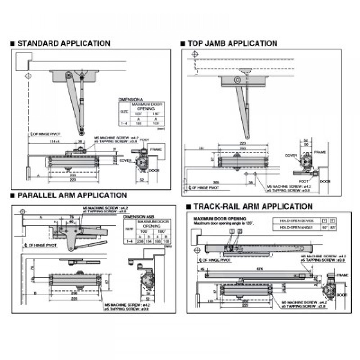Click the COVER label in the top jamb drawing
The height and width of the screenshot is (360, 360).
(291, 155)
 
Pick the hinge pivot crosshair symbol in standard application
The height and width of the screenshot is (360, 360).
(28, 76)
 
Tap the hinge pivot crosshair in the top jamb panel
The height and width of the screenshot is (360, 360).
(195, 54)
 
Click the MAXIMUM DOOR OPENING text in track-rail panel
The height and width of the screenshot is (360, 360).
(220, 219)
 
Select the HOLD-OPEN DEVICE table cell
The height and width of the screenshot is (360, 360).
(292, 220)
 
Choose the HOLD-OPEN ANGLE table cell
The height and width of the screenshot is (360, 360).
(292, 227)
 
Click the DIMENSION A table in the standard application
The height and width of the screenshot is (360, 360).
(141, 112)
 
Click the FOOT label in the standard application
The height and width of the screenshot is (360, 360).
(145, 140)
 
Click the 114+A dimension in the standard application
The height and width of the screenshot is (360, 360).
(45, 141)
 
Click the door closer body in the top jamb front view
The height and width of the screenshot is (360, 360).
(242, 161)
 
